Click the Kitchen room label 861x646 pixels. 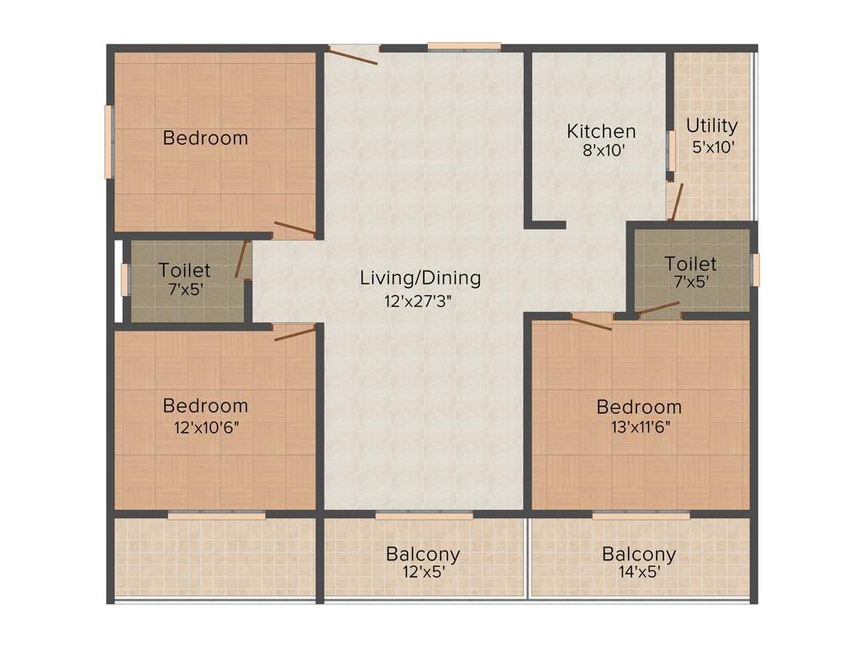[601, 131]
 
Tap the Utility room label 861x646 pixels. [712, 126]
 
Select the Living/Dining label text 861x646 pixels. [420, 278]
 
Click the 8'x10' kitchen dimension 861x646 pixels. [601, 151]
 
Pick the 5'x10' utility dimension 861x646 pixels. [712, 146]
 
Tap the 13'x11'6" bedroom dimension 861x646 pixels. [639, 426]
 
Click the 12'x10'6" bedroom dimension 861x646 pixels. [205, 426]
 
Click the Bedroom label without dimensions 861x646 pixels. [205, 138]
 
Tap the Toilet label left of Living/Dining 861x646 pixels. [185, 271]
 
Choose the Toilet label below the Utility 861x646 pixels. [690, 263]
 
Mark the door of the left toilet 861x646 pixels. [243, 260]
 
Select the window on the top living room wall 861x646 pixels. [464, 46]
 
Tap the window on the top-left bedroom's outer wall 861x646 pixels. [108, 140]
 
